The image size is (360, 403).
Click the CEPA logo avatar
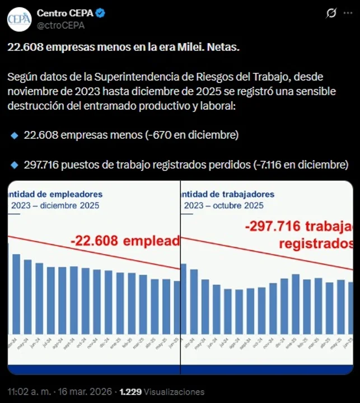tap(19, 18)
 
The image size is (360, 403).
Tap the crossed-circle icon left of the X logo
tap(331, 13)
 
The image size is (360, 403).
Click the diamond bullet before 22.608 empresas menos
tap(15, 135)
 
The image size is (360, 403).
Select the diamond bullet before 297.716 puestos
tap(15, 165)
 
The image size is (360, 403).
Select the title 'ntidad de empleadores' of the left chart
tap(55, 194)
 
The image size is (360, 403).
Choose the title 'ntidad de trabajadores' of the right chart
tap(228, 194)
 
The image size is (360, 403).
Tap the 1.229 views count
tap(131, 392)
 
